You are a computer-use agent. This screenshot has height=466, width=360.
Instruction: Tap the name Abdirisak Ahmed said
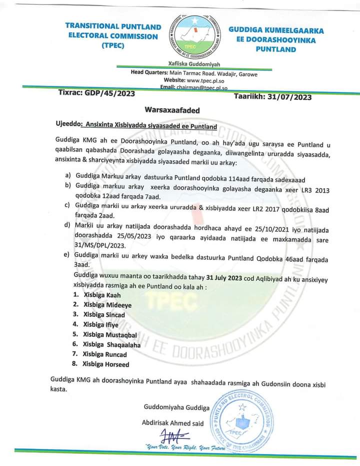coord(173,423)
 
